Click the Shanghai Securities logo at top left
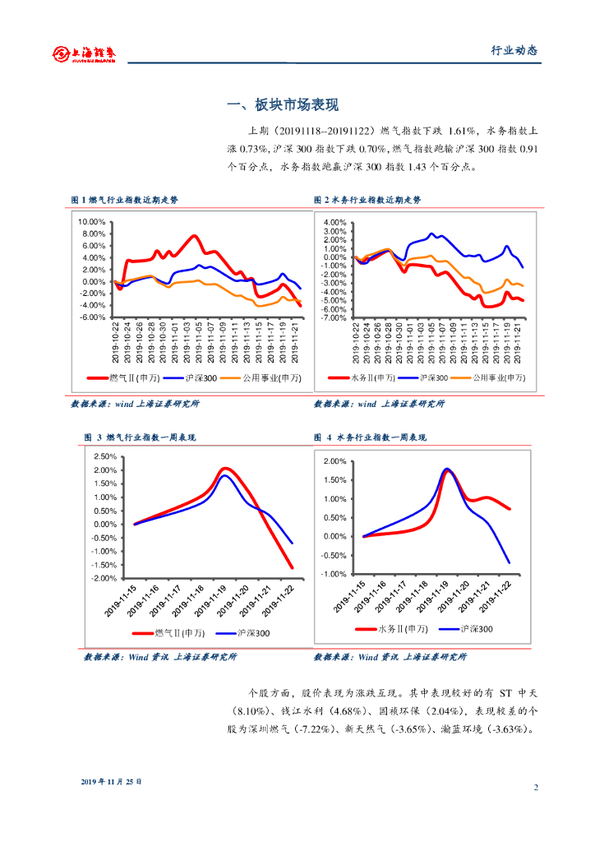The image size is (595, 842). (85, 53)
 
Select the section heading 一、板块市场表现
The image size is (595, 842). (283, 105)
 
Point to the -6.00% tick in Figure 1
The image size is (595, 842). (91, 317)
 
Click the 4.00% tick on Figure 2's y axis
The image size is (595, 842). (336, 223)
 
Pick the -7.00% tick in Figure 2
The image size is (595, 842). (335, 317)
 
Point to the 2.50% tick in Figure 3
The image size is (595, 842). (106, 456)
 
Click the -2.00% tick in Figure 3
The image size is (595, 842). (105, 578)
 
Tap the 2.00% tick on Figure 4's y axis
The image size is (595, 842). (336, 461)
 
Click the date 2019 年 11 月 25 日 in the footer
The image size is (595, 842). (112, 781)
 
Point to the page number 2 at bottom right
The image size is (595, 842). (536, 788)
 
